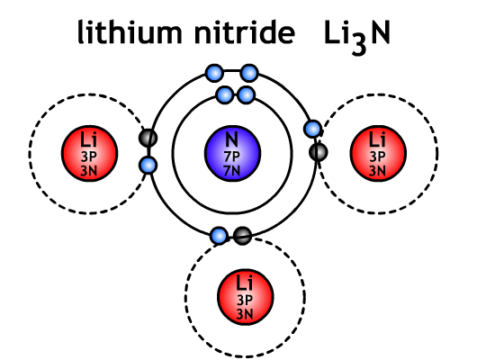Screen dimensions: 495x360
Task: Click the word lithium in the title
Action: point(130,31)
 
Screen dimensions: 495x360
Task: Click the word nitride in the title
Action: point(245,31)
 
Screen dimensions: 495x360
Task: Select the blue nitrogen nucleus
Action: point(233,153)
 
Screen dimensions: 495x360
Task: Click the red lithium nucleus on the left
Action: point(89,154)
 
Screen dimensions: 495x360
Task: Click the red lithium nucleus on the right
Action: point(378,154)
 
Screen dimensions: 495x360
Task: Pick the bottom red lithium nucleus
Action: point(246,297)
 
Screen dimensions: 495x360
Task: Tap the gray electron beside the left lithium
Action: point(148,138)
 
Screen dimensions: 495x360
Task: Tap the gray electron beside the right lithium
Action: point(319,152)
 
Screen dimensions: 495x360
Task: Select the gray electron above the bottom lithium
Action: point(242,236)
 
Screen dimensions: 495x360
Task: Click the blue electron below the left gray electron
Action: point(148,165)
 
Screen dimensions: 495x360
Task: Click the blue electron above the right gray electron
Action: point(313,129)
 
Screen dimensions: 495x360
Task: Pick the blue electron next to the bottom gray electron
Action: point(219,236)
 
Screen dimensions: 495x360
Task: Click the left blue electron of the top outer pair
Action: point(214,73)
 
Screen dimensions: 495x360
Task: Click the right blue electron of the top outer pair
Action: point(249,73)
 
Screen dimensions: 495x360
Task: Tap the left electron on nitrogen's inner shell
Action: point(225,94)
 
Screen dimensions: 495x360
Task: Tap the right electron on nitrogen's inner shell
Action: point(246,94)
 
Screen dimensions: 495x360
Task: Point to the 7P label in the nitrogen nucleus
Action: point(232,156)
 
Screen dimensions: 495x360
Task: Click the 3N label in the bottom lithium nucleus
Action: point(245,314)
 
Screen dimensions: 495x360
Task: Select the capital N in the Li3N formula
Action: point(381,32)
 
